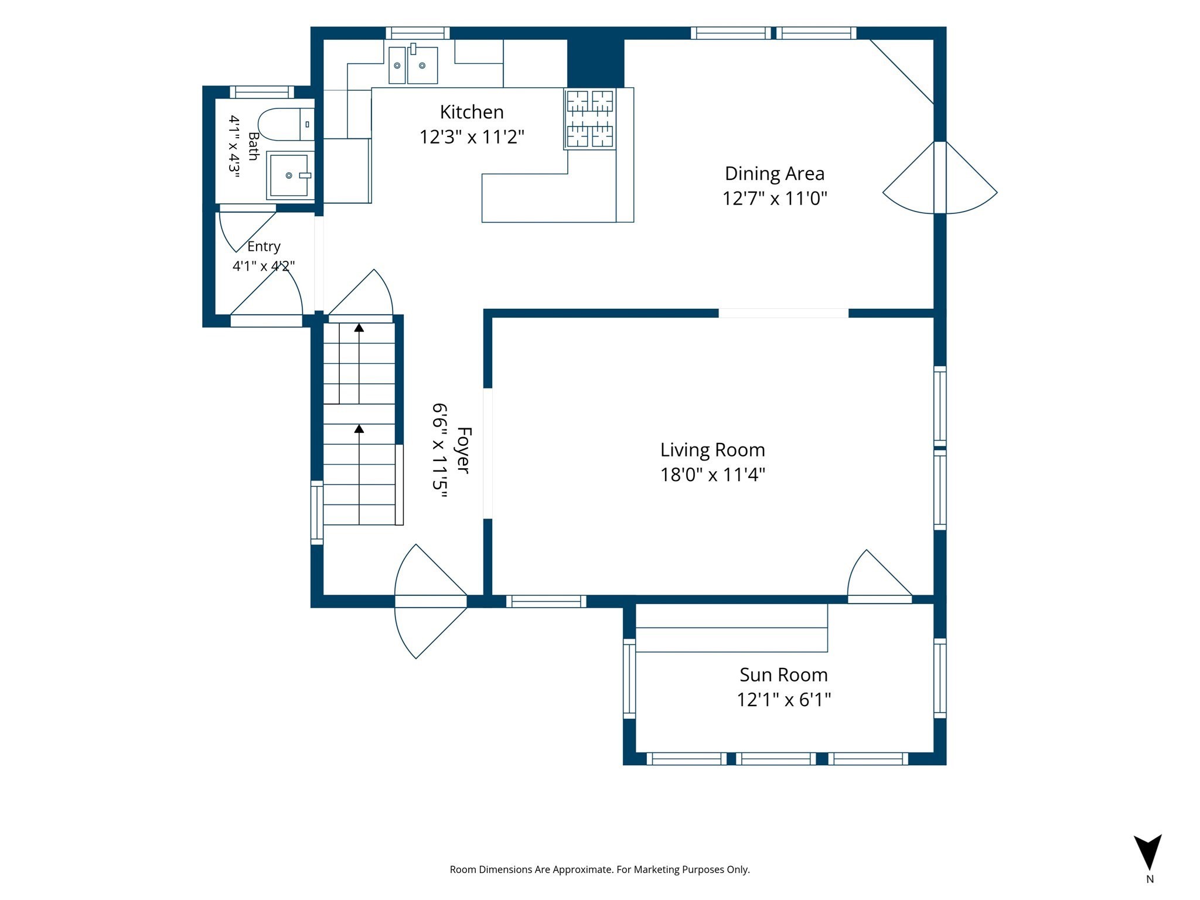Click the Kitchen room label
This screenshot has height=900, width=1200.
[x=472, y=112]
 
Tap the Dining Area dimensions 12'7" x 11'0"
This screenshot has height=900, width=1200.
[x=775, y=199]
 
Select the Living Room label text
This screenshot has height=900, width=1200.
[x=712, y=449]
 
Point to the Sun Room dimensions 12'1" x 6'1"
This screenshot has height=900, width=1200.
[x=784, y=700]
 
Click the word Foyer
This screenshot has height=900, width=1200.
[x=463, y=450]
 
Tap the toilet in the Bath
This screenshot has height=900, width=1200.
[x=286, y=124]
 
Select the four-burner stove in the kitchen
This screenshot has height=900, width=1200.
[x=590, y=118]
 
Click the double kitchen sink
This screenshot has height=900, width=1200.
[x=413, y=64]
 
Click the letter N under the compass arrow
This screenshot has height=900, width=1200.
[x=1150, y=879]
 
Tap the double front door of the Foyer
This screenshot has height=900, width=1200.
[x=431, y=601]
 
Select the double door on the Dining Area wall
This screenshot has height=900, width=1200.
[x=940, y=178]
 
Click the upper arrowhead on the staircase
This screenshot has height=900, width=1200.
[x=359, y=328]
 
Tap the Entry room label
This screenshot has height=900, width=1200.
[x=264, y=246]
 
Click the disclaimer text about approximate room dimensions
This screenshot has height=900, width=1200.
[x=599, y=870]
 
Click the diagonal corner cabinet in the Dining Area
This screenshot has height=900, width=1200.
[x=902, y=71]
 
